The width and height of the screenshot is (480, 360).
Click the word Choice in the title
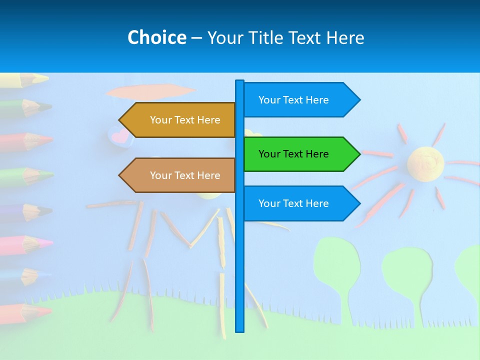click(157, 37)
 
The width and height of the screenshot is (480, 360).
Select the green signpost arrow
click(295, 154)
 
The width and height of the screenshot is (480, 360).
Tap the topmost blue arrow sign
click(295, 100)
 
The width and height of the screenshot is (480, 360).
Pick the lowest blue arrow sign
click(295, 203)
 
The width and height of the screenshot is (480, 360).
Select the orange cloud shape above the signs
click(150, 91)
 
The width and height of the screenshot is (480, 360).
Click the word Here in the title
click(345, 37)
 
